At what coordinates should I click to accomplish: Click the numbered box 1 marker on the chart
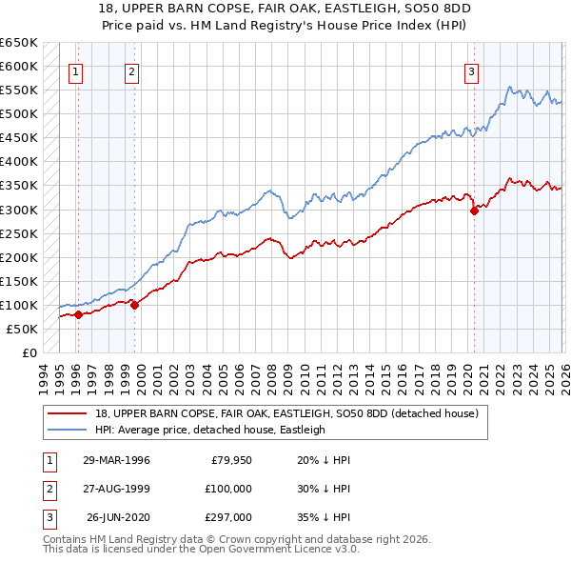pos(75,70)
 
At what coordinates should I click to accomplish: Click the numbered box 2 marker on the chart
pos(131,70)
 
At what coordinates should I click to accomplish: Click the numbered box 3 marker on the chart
pos(471,70)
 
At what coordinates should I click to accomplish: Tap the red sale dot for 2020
pos(474,211)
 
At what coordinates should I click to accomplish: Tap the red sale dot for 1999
pos(134,305)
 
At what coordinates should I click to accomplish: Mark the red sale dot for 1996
pos(78,314)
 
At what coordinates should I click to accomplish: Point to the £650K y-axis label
pos(18,43)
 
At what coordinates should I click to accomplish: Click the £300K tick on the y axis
pos(18,210)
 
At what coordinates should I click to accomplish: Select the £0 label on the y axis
pos(29,352)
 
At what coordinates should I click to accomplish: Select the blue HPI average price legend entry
pos(210,430)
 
